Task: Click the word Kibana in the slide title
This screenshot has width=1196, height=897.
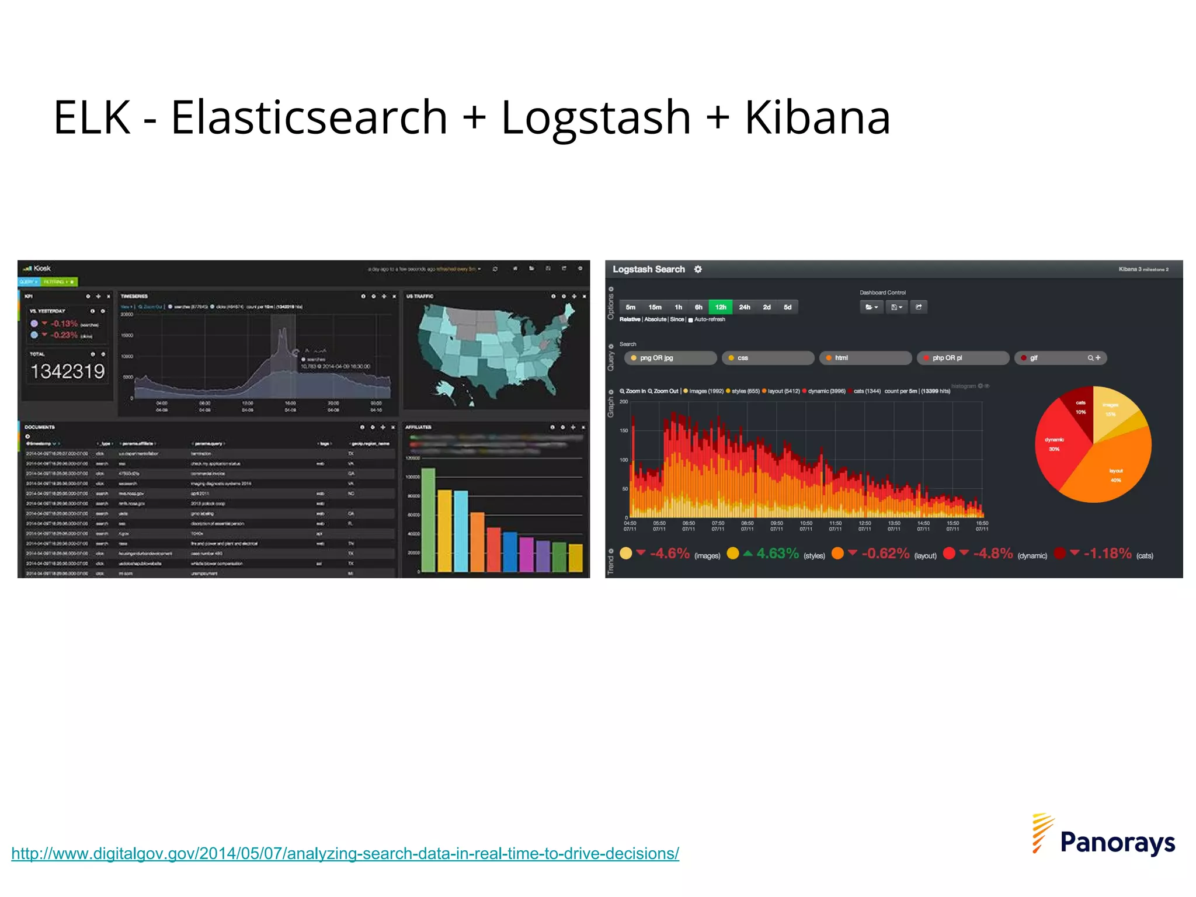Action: coord(817,118)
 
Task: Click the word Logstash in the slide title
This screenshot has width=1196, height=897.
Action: coord(596,118)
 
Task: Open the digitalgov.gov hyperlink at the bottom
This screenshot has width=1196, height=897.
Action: coord(345,853)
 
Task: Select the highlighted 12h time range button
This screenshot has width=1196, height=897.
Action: coord(721,307)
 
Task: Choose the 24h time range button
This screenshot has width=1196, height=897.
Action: coord(745,307)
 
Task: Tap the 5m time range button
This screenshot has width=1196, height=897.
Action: coord(631,307)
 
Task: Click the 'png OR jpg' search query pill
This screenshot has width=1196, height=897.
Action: coord(670,358)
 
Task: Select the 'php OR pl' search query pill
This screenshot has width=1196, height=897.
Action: coord(962,358)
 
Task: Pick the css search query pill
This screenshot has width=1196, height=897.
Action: coord(767,358)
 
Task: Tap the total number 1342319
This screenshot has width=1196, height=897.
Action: coord(68,371)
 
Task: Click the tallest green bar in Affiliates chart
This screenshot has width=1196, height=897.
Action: coord(428,520)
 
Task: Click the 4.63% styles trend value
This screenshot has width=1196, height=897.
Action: coord(777,554)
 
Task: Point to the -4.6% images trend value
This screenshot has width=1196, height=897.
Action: coord(669,554)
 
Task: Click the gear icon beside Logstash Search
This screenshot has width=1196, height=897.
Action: coord(698,269)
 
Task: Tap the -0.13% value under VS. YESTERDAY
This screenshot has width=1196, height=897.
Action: coord(64,324)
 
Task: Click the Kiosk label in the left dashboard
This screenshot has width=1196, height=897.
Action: coord(42,269)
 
